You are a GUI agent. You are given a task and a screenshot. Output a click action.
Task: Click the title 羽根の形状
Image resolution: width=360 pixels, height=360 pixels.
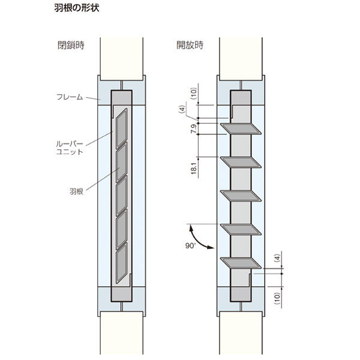(x=77, y=8)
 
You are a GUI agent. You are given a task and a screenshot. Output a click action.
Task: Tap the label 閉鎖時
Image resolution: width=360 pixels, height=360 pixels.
(x=71, y=45)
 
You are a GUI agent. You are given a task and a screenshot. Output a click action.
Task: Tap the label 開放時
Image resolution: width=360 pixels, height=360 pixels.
(x=190, y=45)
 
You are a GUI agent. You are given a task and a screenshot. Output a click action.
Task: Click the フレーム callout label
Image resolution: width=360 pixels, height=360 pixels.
(x=70, y=97)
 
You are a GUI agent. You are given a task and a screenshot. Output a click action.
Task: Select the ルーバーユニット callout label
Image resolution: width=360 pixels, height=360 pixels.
(x=70, y=148)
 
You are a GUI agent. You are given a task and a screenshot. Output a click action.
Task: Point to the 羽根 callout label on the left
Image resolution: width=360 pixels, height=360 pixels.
(x=76, y=191)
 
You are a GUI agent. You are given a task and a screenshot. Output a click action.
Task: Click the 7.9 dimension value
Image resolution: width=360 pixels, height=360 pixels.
(x=194, y=129)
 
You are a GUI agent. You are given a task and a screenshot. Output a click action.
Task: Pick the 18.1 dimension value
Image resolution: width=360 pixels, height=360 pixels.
(x=194, y=168)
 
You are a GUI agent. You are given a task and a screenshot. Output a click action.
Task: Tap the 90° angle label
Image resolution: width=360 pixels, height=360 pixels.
(x=190, y=245)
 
